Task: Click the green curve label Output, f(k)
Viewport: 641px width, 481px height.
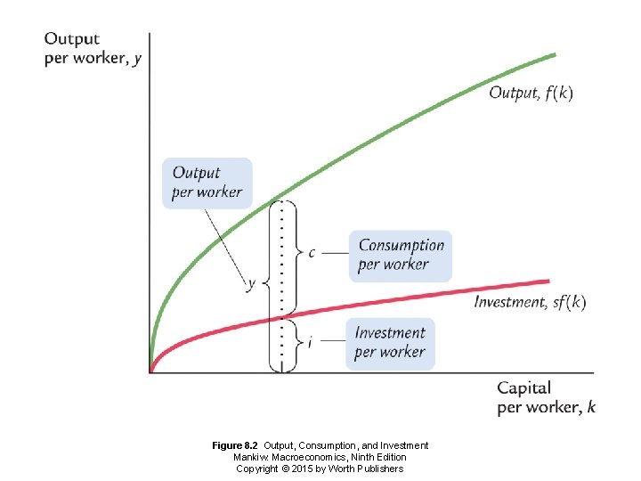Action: pyautogui.click(x=531, y=94)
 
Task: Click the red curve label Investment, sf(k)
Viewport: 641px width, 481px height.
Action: pyautogui.click(x=530, y=302)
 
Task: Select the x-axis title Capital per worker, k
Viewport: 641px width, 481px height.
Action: pyautogui.click(x=546, y=397)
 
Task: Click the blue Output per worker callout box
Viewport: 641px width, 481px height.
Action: pyautogui.click(x=207, y=183)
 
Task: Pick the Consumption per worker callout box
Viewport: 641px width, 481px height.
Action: pyautogui.click(x=400, y=255)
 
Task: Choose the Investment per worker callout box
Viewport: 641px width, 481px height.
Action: pyautogui.click(x=390, y=343)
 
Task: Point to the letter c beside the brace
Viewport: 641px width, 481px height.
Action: pyautogui.click(x=312, y=253)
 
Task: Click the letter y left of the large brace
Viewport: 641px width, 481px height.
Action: pyautogui.click(x=251, y=284)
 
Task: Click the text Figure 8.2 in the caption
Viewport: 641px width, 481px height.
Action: pyautogui.click(x=235, y=445)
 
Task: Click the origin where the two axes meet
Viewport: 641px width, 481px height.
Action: pyautogui.click(x=150, y=371)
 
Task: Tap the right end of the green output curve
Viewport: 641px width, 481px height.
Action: pyautogui.click(x=555, y=54)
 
